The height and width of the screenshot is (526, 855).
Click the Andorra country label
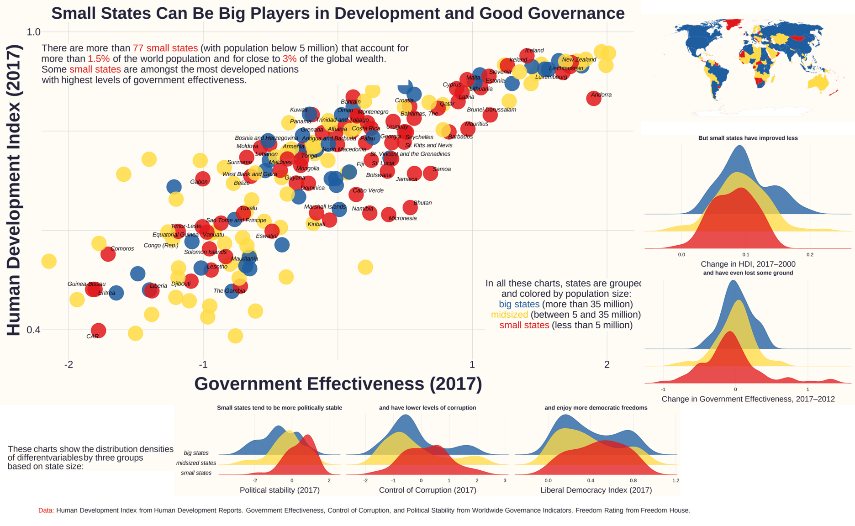point(601,95)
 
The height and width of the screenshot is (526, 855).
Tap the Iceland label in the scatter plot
point(534,51)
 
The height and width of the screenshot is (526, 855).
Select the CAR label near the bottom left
point(92,337)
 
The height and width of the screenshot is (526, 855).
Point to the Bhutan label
point(422,203)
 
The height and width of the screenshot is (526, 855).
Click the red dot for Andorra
point(593,98)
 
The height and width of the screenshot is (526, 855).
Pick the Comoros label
point(122,249)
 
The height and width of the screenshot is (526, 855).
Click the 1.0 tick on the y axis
point(34,32)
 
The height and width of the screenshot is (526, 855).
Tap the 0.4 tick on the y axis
point(34,330)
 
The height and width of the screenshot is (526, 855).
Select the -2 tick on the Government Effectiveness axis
point(69,364)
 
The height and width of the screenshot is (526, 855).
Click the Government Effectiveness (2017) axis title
point(338,384)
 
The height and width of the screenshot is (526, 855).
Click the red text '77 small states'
point(165,48)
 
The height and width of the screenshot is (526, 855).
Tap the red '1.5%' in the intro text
point(99,59)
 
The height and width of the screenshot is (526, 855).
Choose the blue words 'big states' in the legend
point(519,305)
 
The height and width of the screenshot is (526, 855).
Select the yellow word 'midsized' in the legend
point(509,315)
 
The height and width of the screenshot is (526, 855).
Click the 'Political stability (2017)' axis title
point(280,490)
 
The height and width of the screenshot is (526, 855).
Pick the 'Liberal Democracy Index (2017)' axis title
point(596,490)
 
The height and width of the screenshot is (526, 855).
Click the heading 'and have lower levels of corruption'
point(427,408)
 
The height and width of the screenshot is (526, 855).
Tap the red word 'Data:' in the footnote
point(46,510)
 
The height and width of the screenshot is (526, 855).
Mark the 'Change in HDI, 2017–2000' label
point(748,264)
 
